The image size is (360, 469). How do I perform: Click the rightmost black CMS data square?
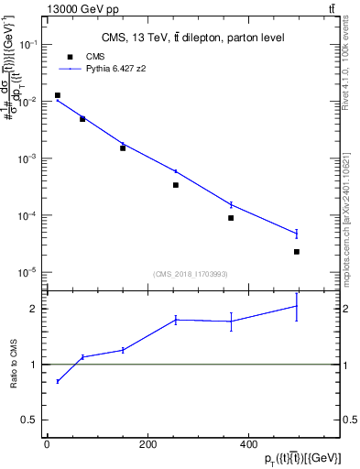297,252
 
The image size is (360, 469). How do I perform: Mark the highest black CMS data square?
58,95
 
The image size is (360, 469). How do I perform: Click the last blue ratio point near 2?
297,306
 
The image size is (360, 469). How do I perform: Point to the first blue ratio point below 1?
58,381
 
